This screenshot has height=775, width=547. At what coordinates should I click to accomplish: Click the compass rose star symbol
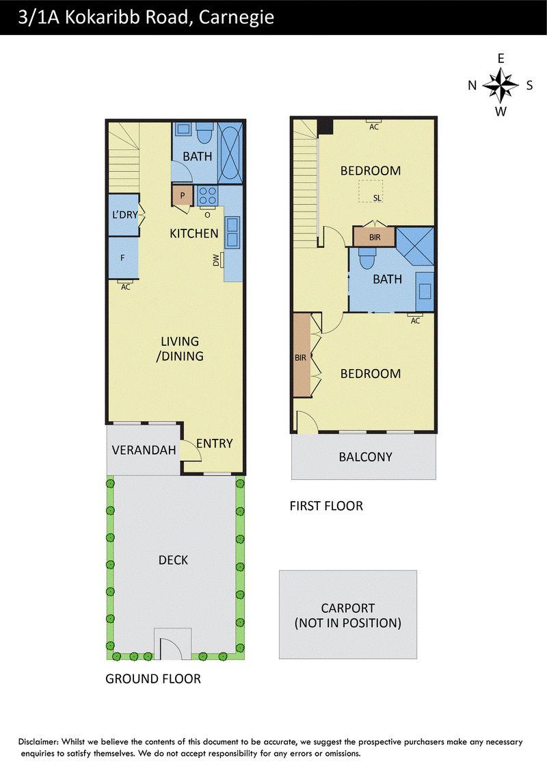click(x=501, y=85)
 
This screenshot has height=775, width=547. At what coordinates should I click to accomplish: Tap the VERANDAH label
click(x=144, y=450)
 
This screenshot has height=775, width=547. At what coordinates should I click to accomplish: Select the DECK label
click(x=173, y=560)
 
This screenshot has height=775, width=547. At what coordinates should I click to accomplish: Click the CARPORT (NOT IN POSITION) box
click(x=348, y=615)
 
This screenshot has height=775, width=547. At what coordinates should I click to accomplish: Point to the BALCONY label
click(x=365, y=457)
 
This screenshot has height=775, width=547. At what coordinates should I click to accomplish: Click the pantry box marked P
click(x=182, y=195)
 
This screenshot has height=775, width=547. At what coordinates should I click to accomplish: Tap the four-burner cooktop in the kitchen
click(x=207, y=195)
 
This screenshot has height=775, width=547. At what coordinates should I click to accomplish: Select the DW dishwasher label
click(x=216, y=260)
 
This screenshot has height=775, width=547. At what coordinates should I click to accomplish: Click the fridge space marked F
click(x=123, y=258)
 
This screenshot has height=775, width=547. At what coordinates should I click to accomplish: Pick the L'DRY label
click(x=125, y=214)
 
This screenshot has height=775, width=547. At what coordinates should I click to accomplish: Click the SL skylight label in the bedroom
click(x=377, y=198)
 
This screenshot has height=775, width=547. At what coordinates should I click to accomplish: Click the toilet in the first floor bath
click(x=366, y=257)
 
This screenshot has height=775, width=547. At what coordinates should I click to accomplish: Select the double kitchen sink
click(x=232, y=232)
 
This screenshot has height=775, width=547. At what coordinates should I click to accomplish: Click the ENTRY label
click(x=214, y=444)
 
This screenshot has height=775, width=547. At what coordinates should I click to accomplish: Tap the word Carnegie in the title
click(x=236, y=17)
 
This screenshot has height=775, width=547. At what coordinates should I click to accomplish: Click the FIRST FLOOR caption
click(x=326, y=506)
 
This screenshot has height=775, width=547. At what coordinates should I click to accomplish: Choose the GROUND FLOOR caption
click(x=153, y=678)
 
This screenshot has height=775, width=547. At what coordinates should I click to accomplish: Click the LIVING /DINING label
click(x=180, y=348)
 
